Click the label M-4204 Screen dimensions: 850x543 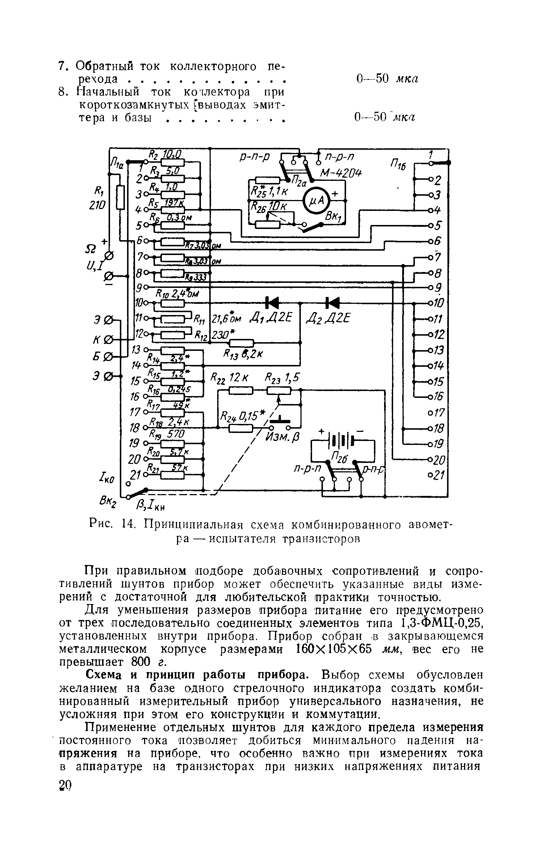pyautogui.click(x=341, y=174)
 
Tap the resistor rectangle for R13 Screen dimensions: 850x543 pyautogui.click(x=242, y=342)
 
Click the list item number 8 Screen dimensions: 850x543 pyautogui.click(x=63, y=93)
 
